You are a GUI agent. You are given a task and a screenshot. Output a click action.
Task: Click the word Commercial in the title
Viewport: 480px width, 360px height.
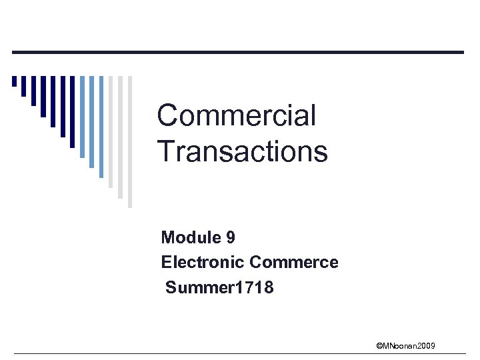click(x=236, y=116)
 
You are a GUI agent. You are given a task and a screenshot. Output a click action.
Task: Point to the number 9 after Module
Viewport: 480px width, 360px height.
click(x=231, y=237)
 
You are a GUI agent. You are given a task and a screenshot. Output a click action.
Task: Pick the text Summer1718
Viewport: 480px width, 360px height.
click(x=219, y=288)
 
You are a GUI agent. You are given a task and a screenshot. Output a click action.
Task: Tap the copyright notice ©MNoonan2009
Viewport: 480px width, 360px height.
click(x=405, y=345)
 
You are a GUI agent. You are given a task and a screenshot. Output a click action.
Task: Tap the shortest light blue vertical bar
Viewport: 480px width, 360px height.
click(x=82, y=117)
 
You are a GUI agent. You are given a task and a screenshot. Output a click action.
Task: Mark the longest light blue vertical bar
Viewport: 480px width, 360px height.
click(x=101, y=127)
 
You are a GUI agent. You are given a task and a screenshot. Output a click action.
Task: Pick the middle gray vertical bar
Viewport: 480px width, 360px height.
click(x=121, y=137)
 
